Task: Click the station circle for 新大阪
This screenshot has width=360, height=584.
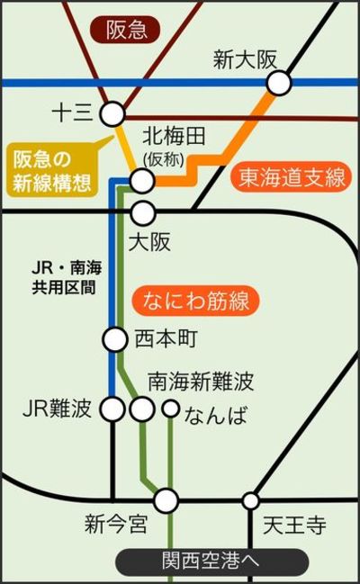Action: [x=279, y=83]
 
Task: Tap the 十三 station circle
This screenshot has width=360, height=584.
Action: [x=112, y=113]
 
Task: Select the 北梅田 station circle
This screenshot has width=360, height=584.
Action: [x=142, y=181]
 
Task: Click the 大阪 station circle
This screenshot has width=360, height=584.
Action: [x=143, y=212]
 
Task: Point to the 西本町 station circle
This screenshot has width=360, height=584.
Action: [x=115, y=339]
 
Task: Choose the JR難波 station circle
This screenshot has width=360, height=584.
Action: [x=112, y=409]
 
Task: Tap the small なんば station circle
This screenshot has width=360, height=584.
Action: [x=171, y=409]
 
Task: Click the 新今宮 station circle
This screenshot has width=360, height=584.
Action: [x=166, y=500]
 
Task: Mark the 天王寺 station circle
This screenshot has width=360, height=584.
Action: [x=250, y=500]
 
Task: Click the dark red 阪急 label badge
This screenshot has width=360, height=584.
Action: [x=125, y=30]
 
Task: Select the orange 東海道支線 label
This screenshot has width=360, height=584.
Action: [x=291, y=177]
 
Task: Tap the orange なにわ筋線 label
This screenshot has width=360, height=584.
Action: [x=195, y=301]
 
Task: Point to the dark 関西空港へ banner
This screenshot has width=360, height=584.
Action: [x=211, y=562]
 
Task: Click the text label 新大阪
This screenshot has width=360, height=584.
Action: [x=245, y=59]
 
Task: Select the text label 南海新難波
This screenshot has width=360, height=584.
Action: [x=201, y=381]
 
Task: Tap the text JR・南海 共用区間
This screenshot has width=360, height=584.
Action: [x=67, y=277]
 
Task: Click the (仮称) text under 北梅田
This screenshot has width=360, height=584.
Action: [x=163, y=160]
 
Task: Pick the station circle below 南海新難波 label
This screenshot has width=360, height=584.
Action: [x=142, y=409]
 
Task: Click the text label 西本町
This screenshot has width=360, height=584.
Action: [x=165, y=339]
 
